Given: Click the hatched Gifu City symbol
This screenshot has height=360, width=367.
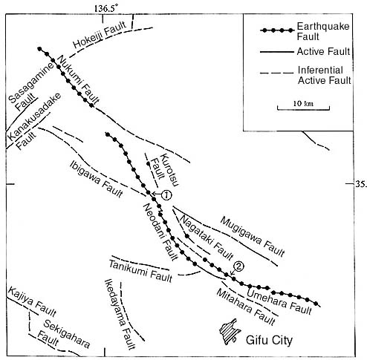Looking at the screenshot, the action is point(229,332).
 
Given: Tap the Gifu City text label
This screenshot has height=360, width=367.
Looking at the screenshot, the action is point(269,340).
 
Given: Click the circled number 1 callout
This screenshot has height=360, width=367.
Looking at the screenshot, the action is point(166,195).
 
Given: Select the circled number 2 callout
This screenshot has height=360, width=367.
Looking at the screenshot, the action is point(238,266).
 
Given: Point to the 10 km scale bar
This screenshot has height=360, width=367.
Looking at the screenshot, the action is point(303,108).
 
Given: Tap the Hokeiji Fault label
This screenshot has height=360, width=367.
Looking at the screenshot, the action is point(100,35).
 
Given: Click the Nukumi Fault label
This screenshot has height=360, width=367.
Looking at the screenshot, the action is point(79,79).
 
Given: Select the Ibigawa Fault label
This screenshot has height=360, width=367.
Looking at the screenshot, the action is point(97,179).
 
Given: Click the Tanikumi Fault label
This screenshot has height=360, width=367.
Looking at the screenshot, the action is point(140,271).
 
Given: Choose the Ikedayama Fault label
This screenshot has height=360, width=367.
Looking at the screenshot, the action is point(120,314).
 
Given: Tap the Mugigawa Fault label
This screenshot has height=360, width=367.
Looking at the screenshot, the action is point(253,237).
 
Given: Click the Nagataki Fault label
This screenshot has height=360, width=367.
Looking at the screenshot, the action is point(207,237).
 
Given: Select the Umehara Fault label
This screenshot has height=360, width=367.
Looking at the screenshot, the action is point(279,301).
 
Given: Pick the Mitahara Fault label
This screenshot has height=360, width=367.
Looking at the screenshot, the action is point(246,307).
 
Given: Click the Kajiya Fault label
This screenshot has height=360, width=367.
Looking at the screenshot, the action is point(32,302).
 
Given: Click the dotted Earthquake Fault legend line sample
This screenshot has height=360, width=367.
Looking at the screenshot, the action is point(277,30).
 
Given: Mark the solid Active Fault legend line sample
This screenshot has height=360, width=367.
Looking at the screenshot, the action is point(276,52).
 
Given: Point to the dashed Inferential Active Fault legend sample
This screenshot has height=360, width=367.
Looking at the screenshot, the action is point(276,73).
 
